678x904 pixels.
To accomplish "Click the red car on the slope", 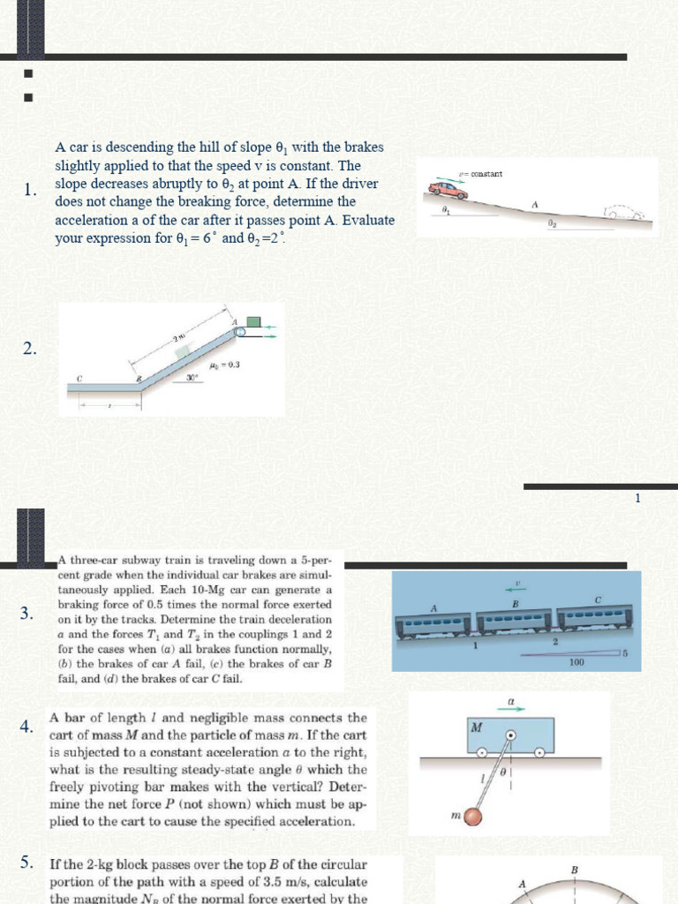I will [448, 190].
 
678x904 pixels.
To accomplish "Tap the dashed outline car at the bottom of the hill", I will [624, 213].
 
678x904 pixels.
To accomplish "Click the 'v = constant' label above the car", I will [481, 174].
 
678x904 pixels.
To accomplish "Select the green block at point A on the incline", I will [254, 323].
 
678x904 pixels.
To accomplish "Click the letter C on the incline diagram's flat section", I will [79, 378].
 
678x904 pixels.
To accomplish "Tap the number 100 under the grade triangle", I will [576, 661].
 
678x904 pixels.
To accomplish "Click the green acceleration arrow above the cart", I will [511, 709].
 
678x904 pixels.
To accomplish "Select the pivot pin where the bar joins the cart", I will [510, 734].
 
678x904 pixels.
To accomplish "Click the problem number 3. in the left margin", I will [27, 614].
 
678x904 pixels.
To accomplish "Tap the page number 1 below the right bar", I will [637, 499].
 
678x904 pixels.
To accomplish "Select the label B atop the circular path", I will [575, 870].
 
